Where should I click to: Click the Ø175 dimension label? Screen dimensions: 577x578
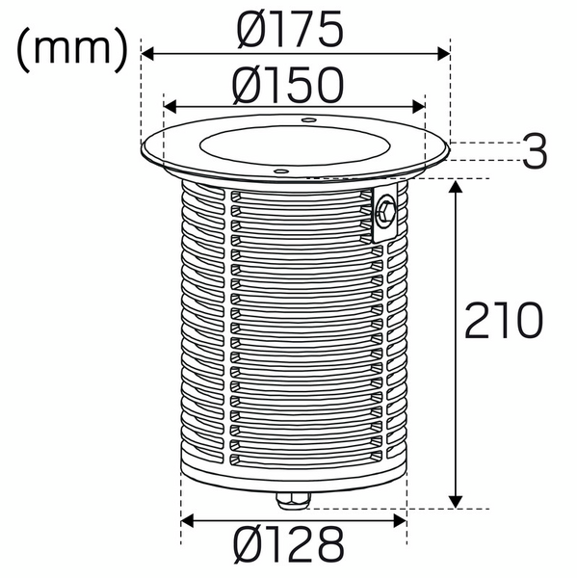[290, 29]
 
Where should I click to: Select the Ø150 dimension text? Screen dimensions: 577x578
[288, 86]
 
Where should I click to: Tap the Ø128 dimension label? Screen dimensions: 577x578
[289, 545]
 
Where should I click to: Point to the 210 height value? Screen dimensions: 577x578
[504, 321]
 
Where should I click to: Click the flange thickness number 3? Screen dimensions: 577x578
[535, 151]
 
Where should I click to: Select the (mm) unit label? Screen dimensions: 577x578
[72, 49]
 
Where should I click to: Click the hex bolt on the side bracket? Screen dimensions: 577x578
[385, 212]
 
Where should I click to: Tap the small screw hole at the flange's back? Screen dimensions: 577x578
[308, 119]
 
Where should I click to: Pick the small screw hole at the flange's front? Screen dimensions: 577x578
[281, 171]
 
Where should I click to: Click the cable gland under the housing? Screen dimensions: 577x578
[293, 501]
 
